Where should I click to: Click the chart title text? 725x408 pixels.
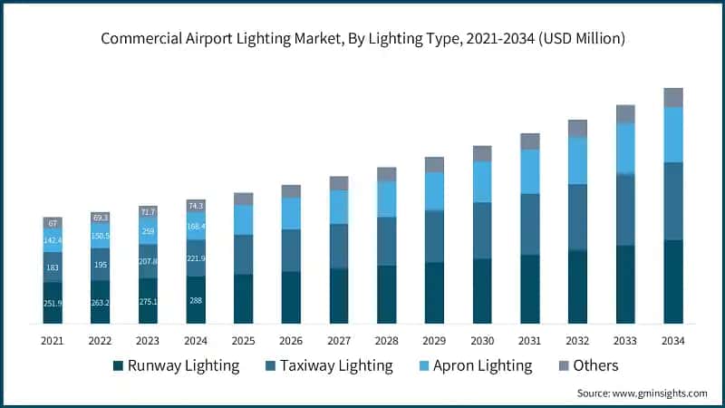point(362,39)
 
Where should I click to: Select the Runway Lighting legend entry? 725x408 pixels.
point(176,365)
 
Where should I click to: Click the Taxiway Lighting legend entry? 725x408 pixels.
point(326,365)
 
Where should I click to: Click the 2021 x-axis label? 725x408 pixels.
point(53,340)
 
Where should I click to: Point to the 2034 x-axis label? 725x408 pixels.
point(672,340)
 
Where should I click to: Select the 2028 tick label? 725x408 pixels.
point(386,340)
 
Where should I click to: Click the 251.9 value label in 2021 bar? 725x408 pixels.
point(53,303)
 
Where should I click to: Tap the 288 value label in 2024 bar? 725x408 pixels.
point(196,300)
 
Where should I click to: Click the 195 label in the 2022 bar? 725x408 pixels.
point(101,264)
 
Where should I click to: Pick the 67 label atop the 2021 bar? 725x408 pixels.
point(53,223)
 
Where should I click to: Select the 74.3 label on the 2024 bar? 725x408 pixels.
point(196,206)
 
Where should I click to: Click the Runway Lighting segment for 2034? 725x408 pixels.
point(672,281)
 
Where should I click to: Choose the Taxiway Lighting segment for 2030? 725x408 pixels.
point(482,230)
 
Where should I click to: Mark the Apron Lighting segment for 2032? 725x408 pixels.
point(577,160)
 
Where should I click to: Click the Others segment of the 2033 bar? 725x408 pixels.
point(625,113)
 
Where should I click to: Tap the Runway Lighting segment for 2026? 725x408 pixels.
point(291,297)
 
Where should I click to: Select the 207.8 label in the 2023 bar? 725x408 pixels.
point(148,261)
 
